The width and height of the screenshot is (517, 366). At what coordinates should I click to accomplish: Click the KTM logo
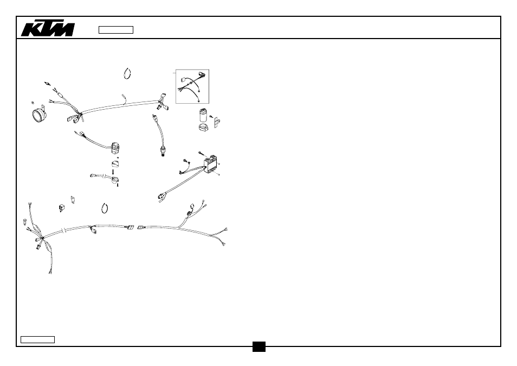48,29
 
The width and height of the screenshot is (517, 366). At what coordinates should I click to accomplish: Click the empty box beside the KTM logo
116,30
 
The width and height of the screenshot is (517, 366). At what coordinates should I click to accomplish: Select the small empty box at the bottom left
37,339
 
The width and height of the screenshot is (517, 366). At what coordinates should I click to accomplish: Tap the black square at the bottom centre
259,346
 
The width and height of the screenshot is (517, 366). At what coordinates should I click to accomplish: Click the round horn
39,115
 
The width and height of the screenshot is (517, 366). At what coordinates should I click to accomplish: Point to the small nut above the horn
33,103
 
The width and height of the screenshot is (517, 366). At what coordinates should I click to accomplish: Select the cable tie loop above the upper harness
127,74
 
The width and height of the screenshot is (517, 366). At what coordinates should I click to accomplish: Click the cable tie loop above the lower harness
105,209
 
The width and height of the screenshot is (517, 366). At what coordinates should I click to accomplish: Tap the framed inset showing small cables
192,86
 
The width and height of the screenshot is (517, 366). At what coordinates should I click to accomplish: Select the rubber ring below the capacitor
203,127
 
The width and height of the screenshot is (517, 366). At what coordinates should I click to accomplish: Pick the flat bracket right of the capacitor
217,123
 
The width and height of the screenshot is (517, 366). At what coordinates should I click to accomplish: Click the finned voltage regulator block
211,164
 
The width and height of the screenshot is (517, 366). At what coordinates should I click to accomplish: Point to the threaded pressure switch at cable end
163,152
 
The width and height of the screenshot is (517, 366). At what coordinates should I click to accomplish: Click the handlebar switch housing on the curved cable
115,147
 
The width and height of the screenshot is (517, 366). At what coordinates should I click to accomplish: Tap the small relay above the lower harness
62,208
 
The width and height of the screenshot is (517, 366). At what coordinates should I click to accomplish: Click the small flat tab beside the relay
73,199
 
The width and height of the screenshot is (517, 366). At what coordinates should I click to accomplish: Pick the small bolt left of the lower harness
25,222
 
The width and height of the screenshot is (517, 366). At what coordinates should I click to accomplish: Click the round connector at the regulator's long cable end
161,197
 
